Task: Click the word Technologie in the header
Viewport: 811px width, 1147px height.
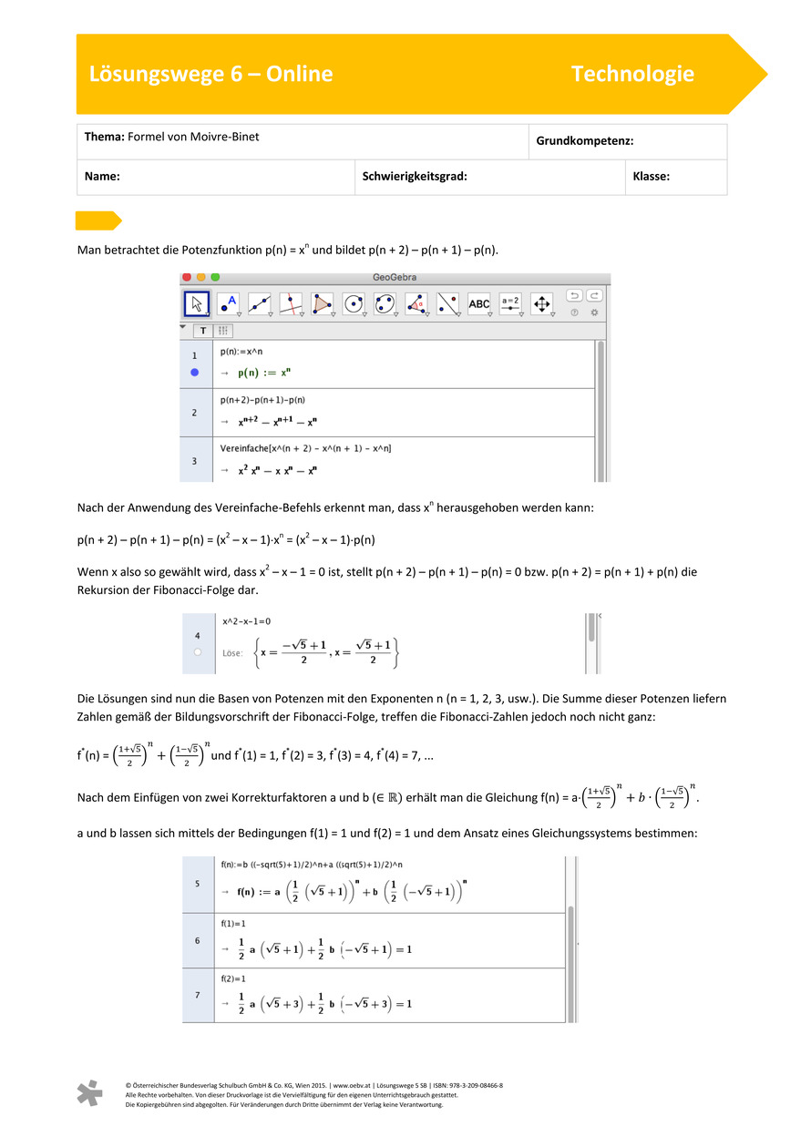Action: (x=632, y=75)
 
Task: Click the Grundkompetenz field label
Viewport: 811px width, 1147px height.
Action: (x=584, y=142)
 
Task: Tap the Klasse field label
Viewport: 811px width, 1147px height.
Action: (x=651, y=177)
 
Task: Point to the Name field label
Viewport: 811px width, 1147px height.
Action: (x=103, y=177)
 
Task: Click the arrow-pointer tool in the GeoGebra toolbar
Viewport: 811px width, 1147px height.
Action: (x=198, y=303)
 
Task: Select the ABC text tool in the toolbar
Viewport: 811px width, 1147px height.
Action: (x=479, y=303)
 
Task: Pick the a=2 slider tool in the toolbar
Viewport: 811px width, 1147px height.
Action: (x=510, y=303)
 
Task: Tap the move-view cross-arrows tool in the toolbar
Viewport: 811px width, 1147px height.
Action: (x=541, y=303)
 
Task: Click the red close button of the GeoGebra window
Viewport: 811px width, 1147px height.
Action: (x=186, y=277)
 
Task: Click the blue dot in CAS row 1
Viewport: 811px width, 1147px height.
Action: (x=194, y=373)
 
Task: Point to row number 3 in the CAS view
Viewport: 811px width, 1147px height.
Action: (x=194, y=461)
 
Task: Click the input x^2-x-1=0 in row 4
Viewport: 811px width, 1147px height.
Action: (x=246, y=621)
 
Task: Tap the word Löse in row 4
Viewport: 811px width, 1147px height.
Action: (x=233, y=652)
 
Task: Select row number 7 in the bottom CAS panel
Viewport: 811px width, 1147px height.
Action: (x=198, y=995)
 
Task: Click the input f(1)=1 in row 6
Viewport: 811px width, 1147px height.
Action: (x=233, y=923)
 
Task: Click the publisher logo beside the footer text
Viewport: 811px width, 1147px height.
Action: (x=89, y=1093)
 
